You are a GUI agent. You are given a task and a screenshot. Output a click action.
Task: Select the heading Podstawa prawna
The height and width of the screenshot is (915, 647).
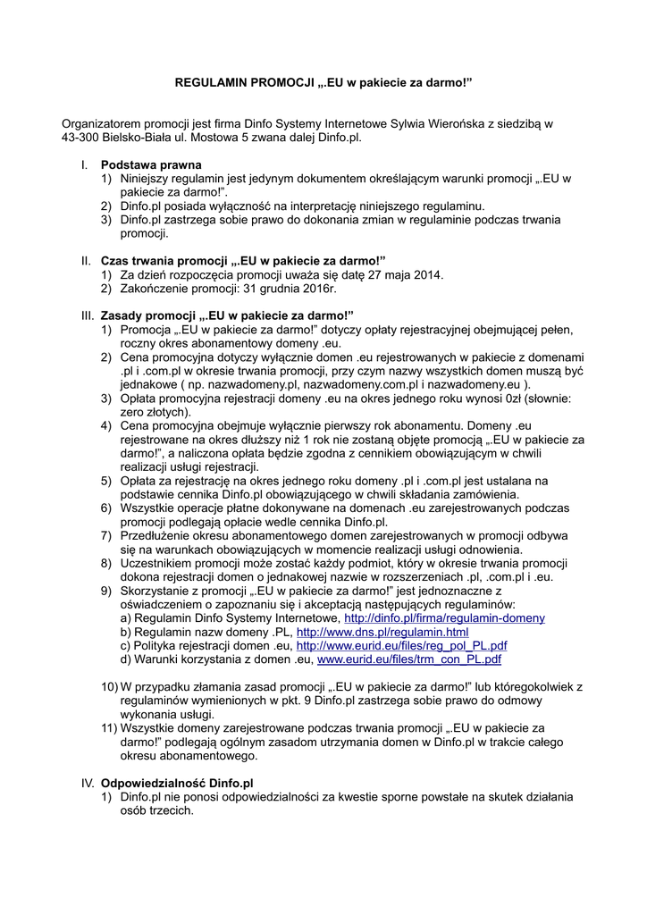point(151,165)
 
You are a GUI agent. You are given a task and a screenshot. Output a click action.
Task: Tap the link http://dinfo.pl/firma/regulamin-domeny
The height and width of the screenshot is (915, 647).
point(444,618)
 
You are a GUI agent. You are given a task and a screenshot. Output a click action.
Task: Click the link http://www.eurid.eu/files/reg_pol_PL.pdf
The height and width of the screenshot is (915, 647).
point(401,646)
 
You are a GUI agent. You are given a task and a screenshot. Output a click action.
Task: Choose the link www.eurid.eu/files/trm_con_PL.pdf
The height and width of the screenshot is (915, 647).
point(409,659)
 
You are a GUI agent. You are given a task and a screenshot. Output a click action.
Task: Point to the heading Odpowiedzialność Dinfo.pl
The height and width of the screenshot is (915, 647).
point(177,783)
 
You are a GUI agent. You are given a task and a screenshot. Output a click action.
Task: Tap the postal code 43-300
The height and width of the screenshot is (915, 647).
point(80,138)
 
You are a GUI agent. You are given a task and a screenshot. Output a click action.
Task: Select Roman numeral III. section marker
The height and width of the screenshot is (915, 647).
point(88,315)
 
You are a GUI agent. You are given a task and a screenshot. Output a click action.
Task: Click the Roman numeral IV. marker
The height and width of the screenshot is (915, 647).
point(88,783)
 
